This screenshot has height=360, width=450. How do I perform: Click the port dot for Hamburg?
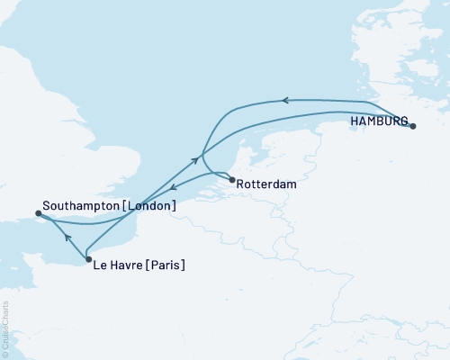coord(413,127)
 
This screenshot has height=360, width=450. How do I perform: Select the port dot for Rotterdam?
coord(232,180)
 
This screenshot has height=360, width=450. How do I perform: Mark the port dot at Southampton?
coord(38,214)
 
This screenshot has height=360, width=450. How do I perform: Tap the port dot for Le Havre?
coord(88,260)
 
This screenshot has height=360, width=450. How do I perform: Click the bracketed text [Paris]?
coord(166,265)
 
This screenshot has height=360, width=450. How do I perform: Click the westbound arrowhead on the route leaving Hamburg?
coord(283,100)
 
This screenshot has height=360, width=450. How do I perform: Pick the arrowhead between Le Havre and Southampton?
coord(67,237)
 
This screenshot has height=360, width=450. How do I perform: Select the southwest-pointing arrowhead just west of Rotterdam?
coord(173,189)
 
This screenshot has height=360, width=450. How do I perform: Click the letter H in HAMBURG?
coord(355,121)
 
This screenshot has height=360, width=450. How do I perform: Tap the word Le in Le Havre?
coord(101,265)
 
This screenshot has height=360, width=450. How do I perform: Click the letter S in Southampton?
coord(46,206)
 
